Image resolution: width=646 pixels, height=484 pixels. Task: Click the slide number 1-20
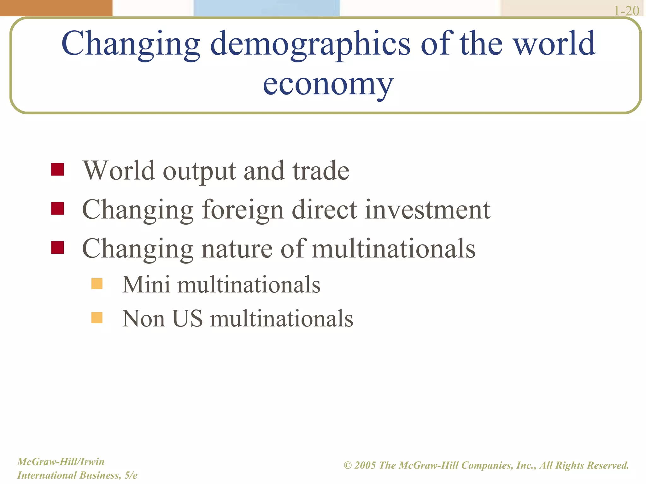tap(626, 11)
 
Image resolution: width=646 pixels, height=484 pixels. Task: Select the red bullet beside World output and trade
tap(57, 169)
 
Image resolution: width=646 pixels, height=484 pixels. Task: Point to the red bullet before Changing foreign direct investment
tap(57, 208)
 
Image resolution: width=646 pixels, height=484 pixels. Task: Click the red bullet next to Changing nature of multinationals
tap(57, 247)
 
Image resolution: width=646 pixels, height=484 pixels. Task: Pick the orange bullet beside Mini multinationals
tap(97, 284)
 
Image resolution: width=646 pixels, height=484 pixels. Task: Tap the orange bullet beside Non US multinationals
tap(97, 318)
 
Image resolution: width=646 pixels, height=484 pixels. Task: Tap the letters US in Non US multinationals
tap(188, 318)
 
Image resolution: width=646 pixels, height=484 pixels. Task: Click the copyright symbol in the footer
tap(348, 465)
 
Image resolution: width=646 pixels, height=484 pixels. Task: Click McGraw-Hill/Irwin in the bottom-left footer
tap(61, 462)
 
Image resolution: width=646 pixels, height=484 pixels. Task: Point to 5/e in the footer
tap(131, 475)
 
